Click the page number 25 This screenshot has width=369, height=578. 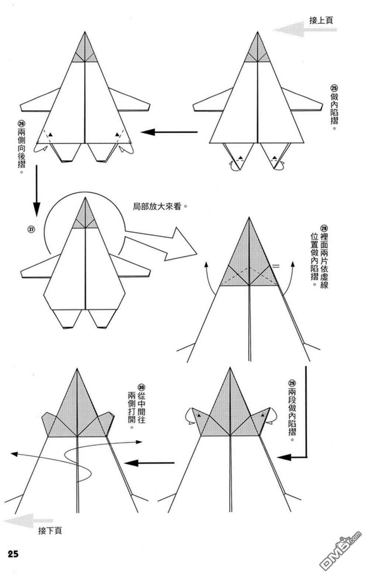point(13,554)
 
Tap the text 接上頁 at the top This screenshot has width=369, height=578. point(321,20)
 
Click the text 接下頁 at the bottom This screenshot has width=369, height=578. point(50,531)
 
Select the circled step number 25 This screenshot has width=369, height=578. point(334,88)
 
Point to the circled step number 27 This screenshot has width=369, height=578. point(31,229)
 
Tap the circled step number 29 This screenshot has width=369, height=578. point(292,383)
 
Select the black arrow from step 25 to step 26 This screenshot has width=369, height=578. point(169,132)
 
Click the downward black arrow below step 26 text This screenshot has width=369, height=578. point(37,191)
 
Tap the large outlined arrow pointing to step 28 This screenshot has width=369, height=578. point(161,244)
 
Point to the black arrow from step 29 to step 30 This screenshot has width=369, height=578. point(149,463)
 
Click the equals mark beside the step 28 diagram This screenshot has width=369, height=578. point(276,266)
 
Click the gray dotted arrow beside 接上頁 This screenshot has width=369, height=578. point(305,30)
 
